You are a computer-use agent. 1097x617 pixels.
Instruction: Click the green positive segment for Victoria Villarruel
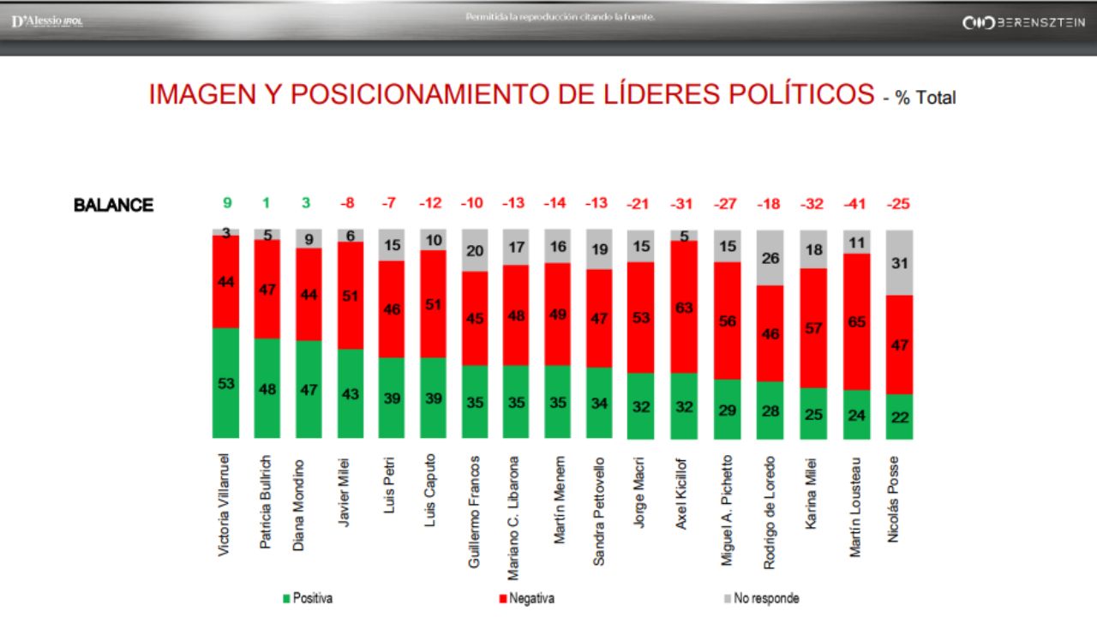point(226,383)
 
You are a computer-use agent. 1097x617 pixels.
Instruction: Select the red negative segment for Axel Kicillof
point(684,307)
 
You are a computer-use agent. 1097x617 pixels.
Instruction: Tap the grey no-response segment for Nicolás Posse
point(899,263)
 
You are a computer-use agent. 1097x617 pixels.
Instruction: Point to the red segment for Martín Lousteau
point(856,322)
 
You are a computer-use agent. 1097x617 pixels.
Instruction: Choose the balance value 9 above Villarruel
point(226,204)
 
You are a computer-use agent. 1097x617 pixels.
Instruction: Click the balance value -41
point(856,204)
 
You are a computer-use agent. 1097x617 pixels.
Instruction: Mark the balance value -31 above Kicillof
point(684,204)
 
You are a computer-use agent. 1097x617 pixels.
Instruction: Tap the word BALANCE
point(113,206)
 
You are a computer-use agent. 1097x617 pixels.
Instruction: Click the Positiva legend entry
point(308,598)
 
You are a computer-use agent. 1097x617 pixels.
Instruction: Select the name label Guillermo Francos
point(474,512)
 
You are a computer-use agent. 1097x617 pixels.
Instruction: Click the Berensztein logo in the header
point(1023,22)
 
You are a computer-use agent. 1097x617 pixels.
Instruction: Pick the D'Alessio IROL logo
point(47,21)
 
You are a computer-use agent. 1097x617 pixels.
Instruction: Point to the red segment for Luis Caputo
point(433,304)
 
